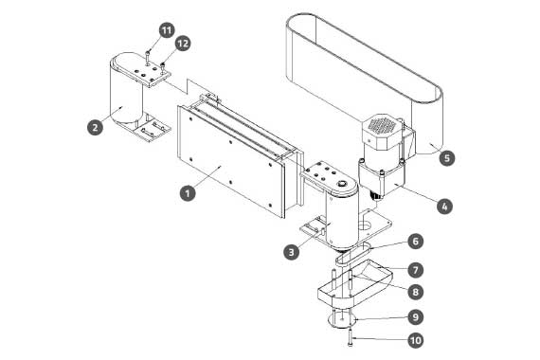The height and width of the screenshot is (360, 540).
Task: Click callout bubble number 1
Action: [x=188, y=193]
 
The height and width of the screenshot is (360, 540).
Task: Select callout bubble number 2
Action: [x=95, y=127]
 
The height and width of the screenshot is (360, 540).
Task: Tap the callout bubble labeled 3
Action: [x=292, y=252]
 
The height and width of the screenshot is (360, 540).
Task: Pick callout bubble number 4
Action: [x=444, y=207]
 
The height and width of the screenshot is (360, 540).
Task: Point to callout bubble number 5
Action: [x=447, y=158]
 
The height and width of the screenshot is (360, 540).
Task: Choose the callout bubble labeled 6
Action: [x=415, y=242]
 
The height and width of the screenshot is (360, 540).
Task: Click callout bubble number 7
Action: [x=415, y=270]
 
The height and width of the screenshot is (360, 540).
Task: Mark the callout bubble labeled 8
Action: [x=415, y=292]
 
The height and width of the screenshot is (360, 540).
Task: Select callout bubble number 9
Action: [x=415, y=317]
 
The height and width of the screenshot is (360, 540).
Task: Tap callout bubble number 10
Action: [x=416, y=340]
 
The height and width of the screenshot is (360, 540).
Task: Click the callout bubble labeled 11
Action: [x=167, y=30]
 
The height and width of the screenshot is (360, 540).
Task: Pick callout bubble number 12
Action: [x=183, y=44]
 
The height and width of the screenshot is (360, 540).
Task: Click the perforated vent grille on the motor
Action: [x=382, y=125]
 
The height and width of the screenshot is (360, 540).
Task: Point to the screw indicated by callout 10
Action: [x=351, y=337]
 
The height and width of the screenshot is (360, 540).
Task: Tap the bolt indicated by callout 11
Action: [x=148, y=56]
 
